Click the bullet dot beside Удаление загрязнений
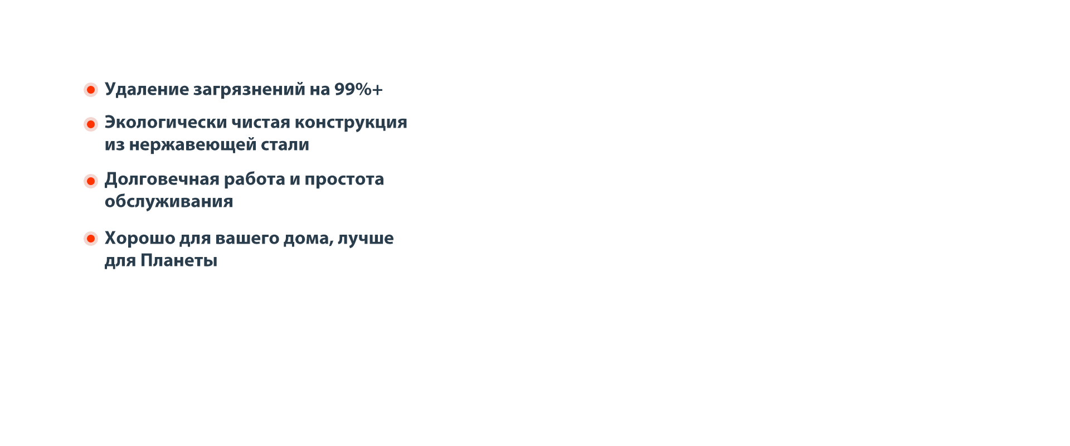pyautogui.click(x=91, y=90)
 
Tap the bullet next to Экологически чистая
pyautogui.click(x=91, y=124)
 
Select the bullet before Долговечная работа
pyautogui.click(x=91, y=181)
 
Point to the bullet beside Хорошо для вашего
pyautogui.click(x=91, y=239)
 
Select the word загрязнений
pyautogui.click(x=249, y=90)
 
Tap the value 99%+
pyautogui.click(x=359, y=89)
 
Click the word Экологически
pyautogui.click(x=166, y=122)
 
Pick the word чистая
pyautogui.click(x=261, y=123)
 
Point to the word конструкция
pyautogui.click(x=351, y=123)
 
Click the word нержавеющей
pyautogui.click(x=193, y=146)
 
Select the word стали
pyautogui.click(x=285, y=145)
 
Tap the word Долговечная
pyautogui.click(x=162, y=180)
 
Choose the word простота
pyautogui.click(x=344, y=180)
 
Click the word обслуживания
pyautogui.click(x=169, y=201)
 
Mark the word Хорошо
pyautogui.click(x=139, y=239)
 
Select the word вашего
pyautogui.click(x=247, y=239)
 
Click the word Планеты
pyautogui.click(x=179, y=260)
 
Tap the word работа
pyautogui.click(x=254, y=179)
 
